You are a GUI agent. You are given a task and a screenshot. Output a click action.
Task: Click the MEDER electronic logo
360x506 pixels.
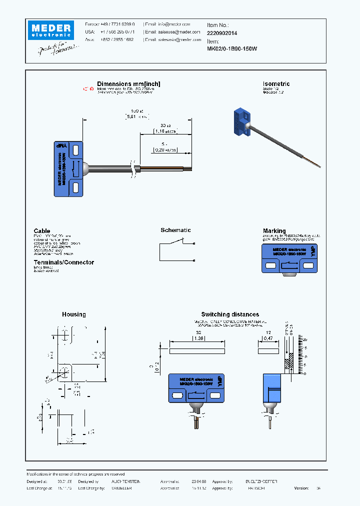tap(50, 29)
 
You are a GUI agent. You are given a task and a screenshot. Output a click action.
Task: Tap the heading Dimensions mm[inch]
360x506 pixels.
tap(128, 84)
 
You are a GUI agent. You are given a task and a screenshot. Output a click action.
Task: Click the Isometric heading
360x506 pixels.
tap(276, 84)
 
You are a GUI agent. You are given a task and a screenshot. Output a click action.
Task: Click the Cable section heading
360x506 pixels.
tap(42, 231)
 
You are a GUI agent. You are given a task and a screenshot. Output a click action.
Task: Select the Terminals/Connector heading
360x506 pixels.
tap(63, 262)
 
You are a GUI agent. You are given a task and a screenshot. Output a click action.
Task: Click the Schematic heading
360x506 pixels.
tap(175, 230)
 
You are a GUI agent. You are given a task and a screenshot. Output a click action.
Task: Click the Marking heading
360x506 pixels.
tap(274, 231)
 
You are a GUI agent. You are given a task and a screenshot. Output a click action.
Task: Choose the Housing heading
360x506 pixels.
tap(73, 314)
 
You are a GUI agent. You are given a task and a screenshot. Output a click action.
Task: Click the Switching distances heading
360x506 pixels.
tap(230, 314)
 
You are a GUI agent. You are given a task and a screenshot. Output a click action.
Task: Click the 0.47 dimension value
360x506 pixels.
tap(268, 338)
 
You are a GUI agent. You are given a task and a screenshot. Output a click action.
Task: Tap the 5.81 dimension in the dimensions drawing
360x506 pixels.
tap(131, 117)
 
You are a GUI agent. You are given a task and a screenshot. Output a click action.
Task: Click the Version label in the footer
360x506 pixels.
tap(301, 488)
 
